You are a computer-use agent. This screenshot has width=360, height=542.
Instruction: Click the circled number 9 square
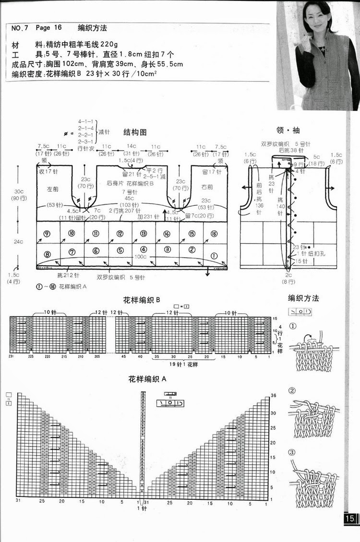(x=47, y=234)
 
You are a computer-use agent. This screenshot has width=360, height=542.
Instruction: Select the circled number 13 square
(x=143, y=234)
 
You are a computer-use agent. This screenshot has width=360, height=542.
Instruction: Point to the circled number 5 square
(x=120, y=250)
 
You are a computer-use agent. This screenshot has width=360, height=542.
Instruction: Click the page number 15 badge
(x=349, y=518)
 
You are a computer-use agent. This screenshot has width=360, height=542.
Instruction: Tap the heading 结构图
(x=135, y=132)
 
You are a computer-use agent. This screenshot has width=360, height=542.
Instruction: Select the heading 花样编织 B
(x=141, y=300)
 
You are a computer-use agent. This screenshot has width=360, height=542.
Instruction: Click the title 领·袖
(x=289, y=130)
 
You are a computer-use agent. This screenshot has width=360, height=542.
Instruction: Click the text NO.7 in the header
(x=20, y=28)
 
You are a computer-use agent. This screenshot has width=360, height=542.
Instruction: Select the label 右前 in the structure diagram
(x=207, y=187)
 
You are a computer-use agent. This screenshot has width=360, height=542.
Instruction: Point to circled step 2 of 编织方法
(x=292, y=391)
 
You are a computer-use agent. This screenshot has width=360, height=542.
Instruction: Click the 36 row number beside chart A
(x=273, y=395)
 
